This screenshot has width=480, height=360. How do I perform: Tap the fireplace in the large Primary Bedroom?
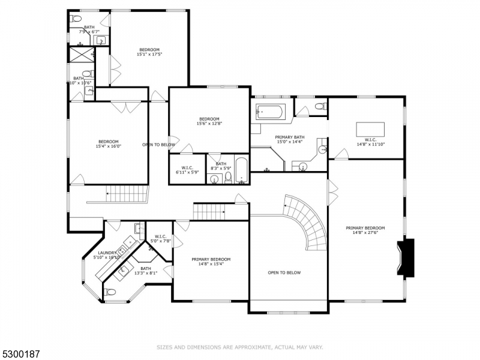pyautogui.click(x=406, y=257)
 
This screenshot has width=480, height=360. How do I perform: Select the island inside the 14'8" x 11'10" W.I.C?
pyautogui.click(x=370, y=129)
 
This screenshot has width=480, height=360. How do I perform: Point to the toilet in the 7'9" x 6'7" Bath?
pyautogui.click(x=76, y=19)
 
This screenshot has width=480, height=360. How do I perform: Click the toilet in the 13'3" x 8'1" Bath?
pyautogui.click(x=110, y=292)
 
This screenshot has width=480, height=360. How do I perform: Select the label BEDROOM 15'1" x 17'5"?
pyautogui.click(x=149, y=52)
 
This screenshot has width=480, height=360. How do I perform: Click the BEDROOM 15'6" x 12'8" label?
pyautogui.click(x=209, y=121)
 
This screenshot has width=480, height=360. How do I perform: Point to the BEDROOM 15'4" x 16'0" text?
pyautogui.click(x=109, y=144)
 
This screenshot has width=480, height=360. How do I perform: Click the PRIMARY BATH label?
pyautogui.click(x=289, y=139)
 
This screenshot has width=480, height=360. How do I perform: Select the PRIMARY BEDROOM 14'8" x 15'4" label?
pyautogui.click(x=211, y=262)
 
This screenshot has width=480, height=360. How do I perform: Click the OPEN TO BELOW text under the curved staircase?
pyautogui.click(x=284, y=273)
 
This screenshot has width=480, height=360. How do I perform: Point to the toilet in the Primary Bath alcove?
pyautogui.click(x=320, y=106)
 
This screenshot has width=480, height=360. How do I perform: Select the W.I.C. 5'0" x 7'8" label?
pyautogui.click(x=160, y=238)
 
